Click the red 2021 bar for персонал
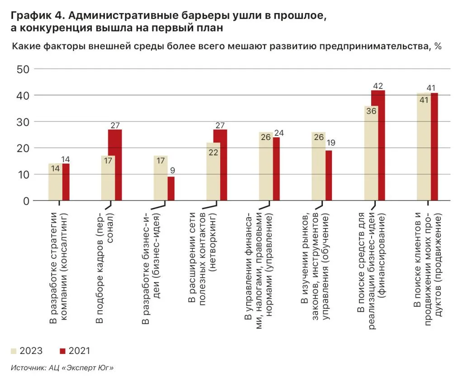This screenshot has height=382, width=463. coord(115,165)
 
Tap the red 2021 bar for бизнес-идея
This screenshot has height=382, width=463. coord(171,188)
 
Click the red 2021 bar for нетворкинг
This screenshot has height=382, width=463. coord(220,165)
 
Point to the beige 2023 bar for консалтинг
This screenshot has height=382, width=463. coord(55,182)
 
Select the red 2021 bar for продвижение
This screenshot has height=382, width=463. coord(434,147)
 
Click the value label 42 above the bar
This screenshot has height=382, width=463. coord(378,85)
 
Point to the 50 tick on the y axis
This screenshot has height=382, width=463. coord(23,69)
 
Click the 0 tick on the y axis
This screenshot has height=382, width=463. coord(26,200)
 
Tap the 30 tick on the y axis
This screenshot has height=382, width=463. coord(23,122)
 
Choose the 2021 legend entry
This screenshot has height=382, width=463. coord(74,350)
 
